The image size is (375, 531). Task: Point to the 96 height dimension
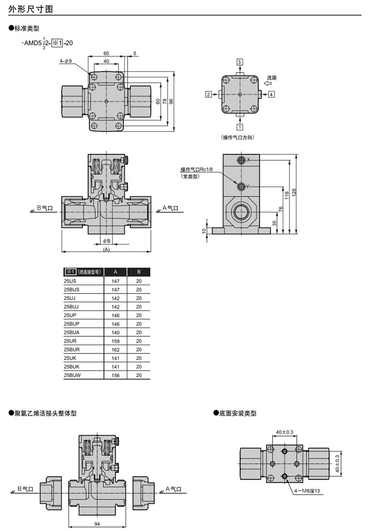(x=171, y=101)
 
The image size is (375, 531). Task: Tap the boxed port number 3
(x=239, y=62)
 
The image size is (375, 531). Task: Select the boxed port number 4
(x=271, y=94)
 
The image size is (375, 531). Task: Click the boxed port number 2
(x=208, y=94)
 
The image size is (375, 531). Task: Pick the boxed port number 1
(x=239, y=127)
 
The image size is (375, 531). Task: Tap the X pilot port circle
(x=242, y=160)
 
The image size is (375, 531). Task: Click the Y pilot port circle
(x=242, y=186)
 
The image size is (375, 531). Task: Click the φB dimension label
(x=107, y=241)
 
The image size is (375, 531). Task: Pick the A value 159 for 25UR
(x=115, y=341)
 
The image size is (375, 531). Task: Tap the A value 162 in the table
(x=115, y=349)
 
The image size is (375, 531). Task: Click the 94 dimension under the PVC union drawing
(x=97, y=524)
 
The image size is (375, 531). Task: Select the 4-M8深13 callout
(x=307, y=490)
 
